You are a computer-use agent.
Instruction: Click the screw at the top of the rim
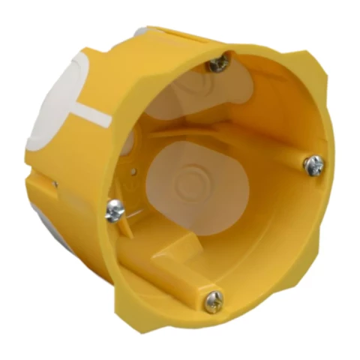point(218,64)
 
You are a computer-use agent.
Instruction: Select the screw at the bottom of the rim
point(213,301)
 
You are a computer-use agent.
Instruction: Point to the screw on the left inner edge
point(115,211)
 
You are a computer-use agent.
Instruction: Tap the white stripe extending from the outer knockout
point(94,115)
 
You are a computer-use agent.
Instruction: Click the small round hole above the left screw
point(133,172)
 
